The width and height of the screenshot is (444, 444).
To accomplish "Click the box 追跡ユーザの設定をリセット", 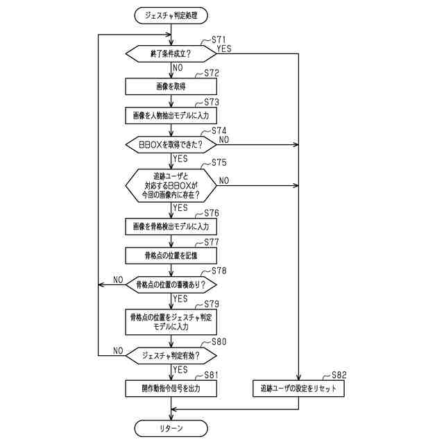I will click(298, 388).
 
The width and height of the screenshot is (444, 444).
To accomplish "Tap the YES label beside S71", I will click(225, 49).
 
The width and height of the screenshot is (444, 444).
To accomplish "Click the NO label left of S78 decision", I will click(118, 280).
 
